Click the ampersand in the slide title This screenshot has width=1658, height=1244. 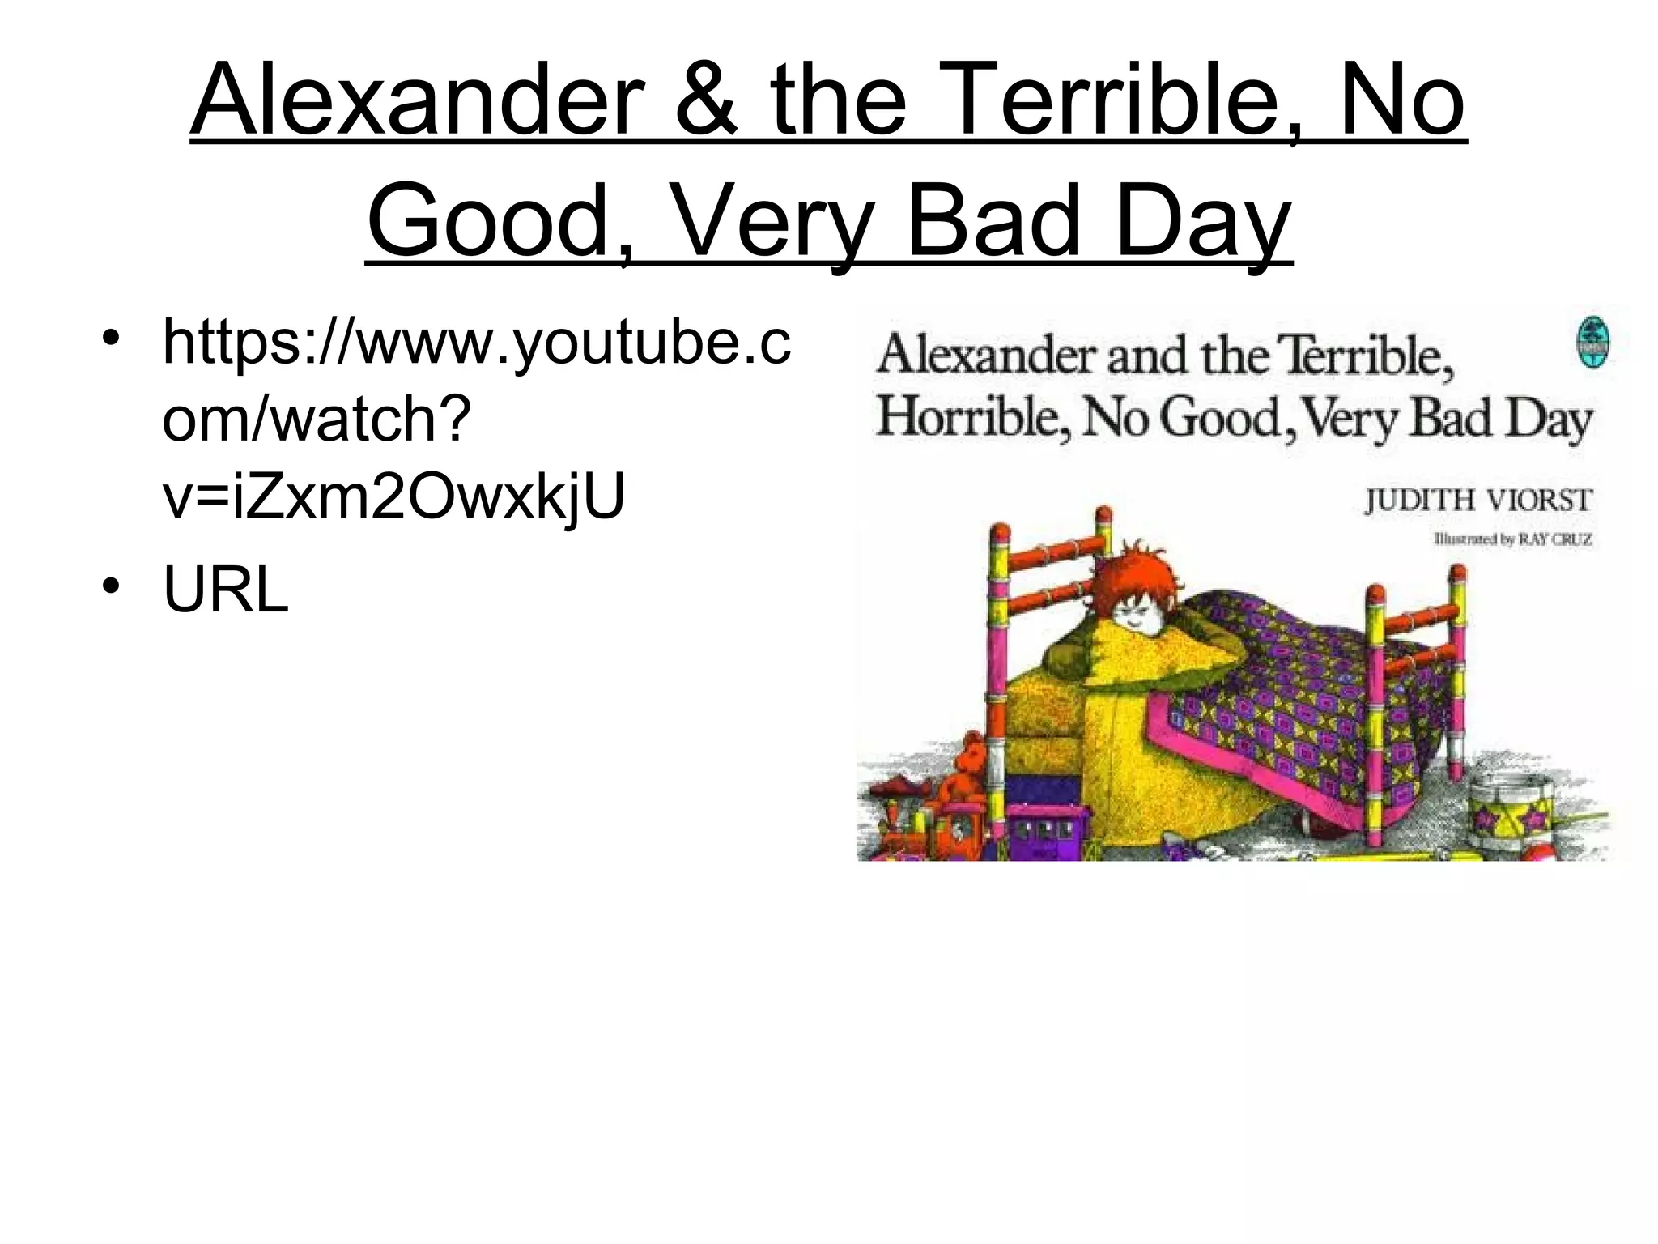[x=707, y=100]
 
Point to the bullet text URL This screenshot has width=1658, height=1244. [x=225, y=589]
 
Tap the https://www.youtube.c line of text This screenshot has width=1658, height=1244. [x=476, y=342]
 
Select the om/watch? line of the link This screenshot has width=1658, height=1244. [x=317, y=419]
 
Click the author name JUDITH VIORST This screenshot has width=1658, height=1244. [x=1478, y=500]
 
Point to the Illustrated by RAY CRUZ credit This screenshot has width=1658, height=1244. [x=1512, y=539]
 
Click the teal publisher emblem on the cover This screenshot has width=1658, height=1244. [x=1592, y=343]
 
